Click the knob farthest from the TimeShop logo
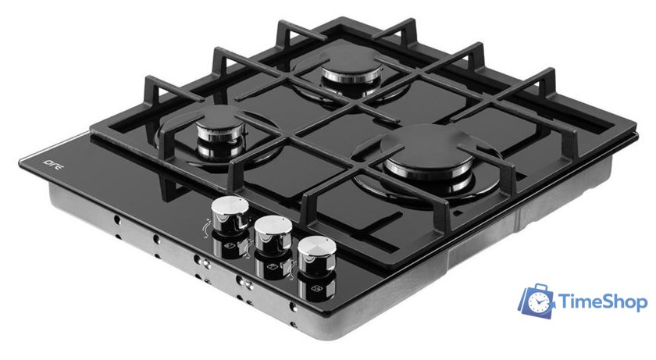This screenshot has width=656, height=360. coord(230,215)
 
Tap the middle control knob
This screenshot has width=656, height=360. coord(273,234)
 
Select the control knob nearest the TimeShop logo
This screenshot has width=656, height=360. coord(317,255)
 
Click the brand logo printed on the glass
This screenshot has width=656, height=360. coord(54,166)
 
